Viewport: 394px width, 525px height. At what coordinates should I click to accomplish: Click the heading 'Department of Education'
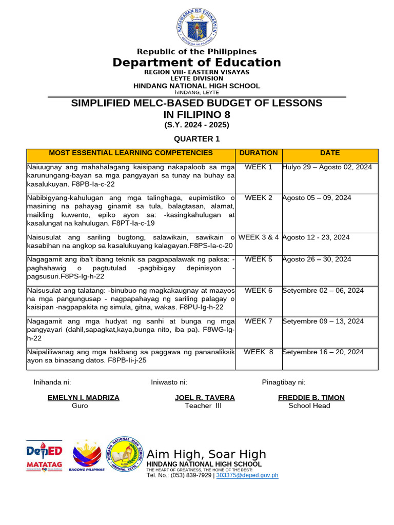click(x=197, y=63)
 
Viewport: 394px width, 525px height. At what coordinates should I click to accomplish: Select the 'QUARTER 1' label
click(x=196, y=139)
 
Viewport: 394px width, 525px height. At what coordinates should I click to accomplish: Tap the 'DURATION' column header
click(x=259, y=153)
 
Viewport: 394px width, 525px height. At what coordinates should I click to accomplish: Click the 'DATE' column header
click(x=330, y=153)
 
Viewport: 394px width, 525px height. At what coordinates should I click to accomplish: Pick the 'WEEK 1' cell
click(x=259, y=167)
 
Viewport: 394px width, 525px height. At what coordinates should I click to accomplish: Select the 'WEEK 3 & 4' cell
click(x=259, y=237)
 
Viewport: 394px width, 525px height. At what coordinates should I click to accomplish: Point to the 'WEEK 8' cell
click(x=259, y=352)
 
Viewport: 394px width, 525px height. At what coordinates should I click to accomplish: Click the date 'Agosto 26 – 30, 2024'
click(x=317, y=259)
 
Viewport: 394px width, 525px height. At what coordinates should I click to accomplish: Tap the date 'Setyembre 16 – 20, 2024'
click(x=323, y=352)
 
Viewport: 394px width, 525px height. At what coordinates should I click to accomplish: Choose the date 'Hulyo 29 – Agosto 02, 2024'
click(x=327, y=167)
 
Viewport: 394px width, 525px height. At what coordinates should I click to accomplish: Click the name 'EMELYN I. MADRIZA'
click(x=83, y=397)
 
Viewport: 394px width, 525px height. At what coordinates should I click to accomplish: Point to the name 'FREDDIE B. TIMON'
click(x=311, y=397)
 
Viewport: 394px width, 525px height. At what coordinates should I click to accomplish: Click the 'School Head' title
click(x=309, y=406)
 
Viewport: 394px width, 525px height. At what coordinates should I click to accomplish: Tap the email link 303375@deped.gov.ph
click(x=247, y=475)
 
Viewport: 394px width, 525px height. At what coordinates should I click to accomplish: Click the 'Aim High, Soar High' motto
click(x=206, y=454)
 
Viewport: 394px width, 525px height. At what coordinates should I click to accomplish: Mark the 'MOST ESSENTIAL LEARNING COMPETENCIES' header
click(x=130, y=153)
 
